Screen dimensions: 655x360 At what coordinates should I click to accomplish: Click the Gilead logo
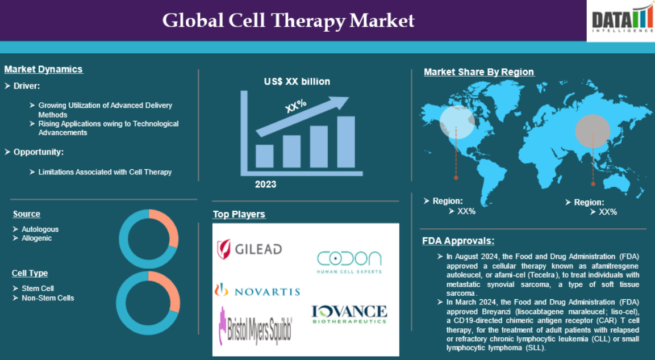pyautogui.click(x=249, y=249)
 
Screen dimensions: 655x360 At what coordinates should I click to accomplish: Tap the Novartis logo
pyautogui.click(x=257, y=290)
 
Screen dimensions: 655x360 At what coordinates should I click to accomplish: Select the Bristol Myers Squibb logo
pyautogui.click(x=256, y=326)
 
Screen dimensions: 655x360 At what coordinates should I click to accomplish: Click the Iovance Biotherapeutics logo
pyautogui.click(x=349, y=315)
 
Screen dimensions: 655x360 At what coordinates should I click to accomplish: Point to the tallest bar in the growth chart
pyautogui.click(x=346, y=141)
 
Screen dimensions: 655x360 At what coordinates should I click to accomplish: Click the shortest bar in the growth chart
pyautogui.click(x=264, y=156)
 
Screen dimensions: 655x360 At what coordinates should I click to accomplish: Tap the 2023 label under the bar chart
pyautogui.click(x=266, y=184)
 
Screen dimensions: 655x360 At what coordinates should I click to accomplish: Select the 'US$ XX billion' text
pyautogui.click(x=297, y=81)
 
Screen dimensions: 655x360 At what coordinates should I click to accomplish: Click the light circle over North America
pyautogui.click(x=457, y=122)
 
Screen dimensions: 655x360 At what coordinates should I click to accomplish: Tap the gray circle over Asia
pyautogui.click(x=593, y=131)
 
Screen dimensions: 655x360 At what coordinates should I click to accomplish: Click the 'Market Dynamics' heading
pyautogui.click(x=43, y=69)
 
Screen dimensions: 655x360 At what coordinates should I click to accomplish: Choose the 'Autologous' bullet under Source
pyautogui.click(x=40, y=229)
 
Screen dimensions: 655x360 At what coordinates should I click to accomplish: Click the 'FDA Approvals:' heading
pyautogui.click(x=458, y=241)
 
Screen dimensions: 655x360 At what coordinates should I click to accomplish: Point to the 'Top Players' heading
pyautogui.click(x=239, y=214)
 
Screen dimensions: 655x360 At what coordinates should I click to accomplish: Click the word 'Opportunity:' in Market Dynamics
pyautogui.click(x=39, y=152)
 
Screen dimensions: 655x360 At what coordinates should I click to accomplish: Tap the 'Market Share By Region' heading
pyautogui.click(x=479, y=72)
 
